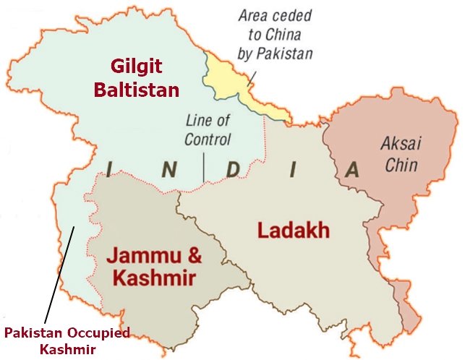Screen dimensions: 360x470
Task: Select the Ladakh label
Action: pyautogui.click(x=294, y=231)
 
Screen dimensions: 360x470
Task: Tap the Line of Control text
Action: pyautogui.click(x=208, y=129)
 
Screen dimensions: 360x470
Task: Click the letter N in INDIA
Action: pyautogui.click(x=168, y=170)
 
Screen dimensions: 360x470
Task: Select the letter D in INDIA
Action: pyautogui.click(x=232, y=170)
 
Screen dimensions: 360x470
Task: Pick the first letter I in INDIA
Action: pyautogui.click(x=109, y=170)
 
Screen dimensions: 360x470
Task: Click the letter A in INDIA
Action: pyautogui.click(x=352, y=170)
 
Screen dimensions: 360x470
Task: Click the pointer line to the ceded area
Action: pyautogui.click(x=254, y=76)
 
